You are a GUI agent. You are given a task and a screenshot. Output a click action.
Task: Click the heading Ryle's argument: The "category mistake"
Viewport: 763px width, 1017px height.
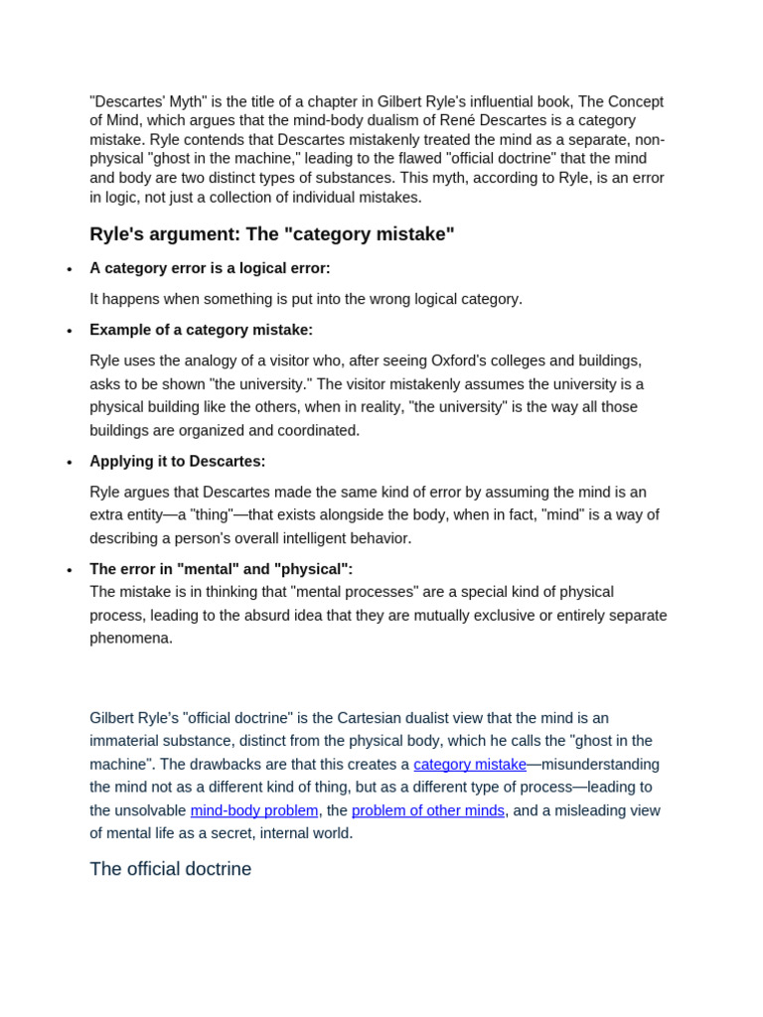[x=271, y=234]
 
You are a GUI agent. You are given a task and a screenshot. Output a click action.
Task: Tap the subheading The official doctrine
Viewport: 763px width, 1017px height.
[x=170, y=869]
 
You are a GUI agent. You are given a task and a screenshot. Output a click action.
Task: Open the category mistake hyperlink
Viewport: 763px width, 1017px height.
[x=470, y=764]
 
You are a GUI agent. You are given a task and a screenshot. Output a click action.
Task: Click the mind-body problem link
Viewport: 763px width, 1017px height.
[x=254, y=810]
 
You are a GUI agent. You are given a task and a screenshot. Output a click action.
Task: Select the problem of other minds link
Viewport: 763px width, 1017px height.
[x=428, y=810]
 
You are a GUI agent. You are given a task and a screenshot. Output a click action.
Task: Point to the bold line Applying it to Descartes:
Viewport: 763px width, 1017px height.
[x=177, y=461]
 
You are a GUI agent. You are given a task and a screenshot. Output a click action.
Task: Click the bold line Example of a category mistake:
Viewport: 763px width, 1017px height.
[x=201, y=330]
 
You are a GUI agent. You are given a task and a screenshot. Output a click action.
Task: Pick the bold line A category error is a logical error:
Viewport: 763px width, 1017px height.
[x=210, y=268]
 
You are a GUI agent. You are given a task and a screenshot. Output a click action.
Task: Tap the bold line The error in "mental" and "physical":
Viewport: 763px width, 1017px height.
[x=221, y=569]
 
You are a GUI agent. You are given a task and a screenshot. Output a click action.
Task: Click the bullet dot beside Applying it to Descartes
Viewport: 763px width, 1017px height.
[x=70, y=463]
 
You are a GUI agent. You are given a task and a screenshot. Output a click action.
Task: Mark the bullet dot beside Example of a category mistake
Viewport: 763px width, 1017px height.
[x=70, y=332]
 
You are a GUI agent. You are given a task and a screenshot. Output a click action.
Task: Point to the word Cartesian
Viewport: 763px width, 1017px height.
[x=377, y=718]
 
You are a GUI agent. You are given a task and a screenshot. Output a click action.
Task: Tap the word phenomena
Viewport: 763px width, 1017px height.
[x=131, y=638]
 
